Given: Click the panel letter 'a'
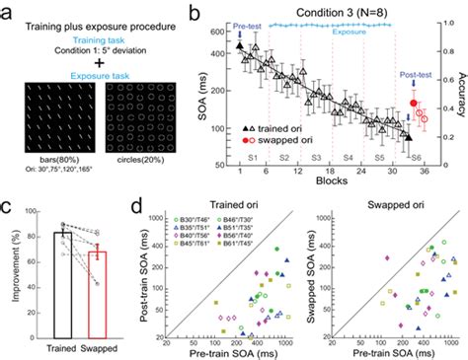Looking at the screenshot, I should coord(8,12).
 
